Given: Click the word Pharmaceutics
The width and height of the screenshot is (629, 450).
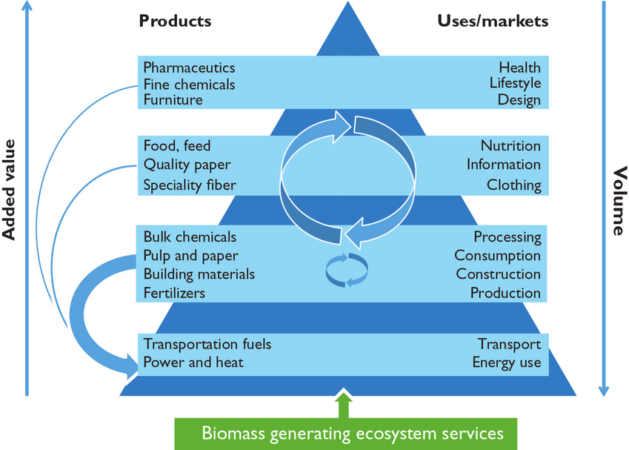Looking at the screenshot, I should [189, 67].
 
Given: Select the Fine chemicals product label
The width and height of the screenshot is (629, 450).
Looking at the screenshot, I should [189, 84].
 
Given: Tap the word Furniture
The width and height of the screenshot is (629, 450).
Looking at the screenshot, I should [173, 99].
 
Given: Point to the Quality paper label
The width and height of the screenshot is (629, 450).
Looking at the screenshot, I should [187, 165].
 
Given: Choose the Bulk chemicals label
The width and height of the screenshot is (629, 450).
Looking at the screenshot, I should [190, 237].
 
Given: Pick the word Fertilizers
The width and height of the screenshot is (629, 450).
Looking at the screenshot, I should [175, 293].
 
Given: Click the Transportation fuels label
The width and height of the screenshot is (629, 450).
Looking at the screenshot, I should [207, 344].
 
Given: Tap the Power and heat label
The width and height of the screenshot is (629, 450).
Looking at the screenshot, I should [193, 363].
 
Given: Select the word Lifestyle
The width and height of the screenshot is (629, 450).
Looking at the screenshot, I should [515, 83].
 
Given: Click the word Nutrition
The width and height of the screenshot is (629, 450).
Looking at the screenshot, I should [510, 145].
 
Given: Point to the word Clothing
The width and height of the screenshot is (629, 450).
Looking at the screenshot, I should [513, 185].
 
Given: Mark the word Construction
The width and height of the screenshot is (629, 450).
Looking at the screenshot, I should [498, 274].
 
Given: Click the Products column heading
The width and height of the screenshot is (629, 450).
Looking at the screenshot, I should [175, 21].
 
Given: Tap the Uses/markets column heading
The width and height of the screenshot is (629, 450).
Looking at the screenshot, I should [492, 21].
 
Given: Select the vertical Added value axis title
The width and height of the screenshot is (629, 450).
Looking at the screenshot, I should [10, 191].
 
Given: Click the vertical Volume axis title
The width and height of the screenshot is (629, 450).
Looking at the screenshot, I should [617, 201].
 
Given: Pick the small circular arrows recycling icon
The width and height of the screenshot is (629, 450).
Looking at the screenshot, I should [346, 270].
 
